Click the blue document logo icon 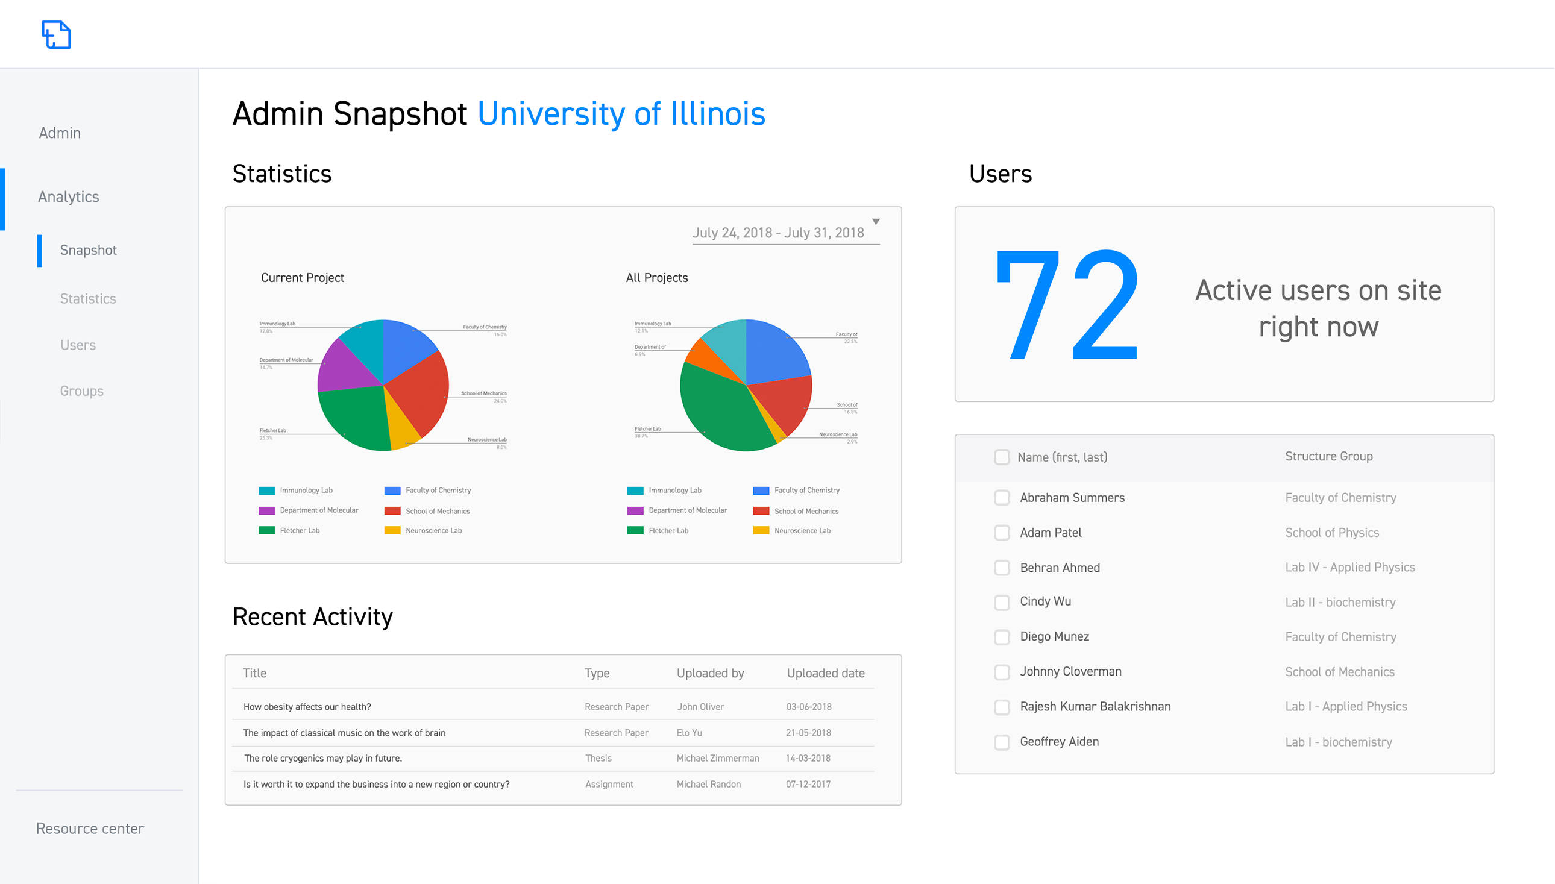[57, 34]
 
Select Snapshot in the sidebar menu [88, 250]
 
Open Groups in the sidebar [81, 391]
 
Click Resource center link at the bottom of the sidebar [90, 829]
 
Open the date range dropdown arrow [876, 222]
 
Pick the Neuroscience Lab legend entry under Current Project [433, 531]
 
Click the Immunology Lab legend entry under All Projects [674, 491]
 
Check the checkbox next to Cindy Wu [1002, 602]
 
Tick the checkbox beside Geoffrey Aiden [1002, 742]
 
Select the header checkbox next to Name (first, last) [1002, 457]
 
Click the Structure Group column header [1328, 457]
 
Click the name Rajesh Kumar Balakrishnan [1095, 707]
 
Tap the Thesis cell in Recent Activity [598, 758]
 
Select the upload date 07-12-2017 [808, 785]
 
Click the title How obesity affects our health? [307, 707]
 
